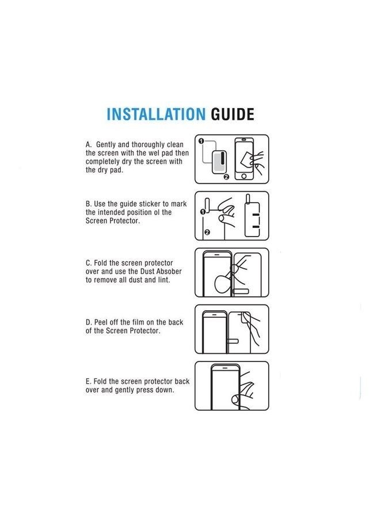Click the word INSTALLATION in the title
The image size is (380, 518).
tap(155, 113)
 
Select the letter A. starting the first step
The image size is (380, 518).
tap(89, 144)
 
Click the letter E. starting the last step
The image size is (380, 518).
tap(89, 381)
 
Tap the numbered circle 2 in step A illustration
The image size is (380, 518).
tap(226, 177)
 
